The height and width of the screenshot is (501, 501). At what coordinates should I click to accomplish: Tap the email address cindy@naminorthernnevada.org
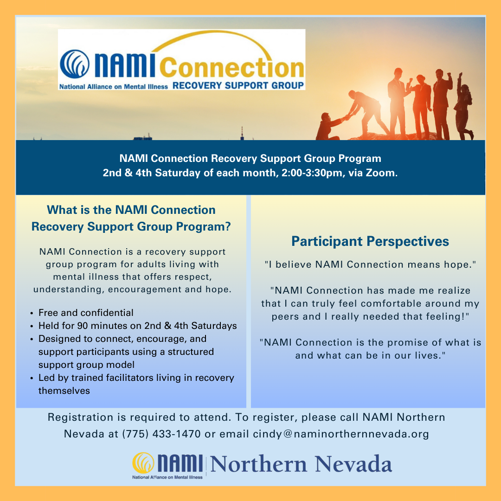pos(341,434)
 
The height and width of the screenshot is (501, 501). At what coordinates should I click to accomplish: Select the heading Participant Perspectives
pos(370,241)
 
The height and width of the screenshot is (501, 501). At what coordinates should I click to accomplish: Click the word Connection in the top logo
pos(232,68)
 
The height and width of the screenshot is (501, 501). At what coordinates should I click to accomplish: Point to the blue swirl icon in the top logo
pos(74,64)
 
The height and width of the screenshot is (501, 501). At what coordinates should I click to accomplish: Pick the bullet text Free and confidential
pos(86,313)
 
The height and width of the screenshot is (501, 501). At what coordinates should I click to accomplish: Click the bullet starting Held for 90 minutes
pos(137,326)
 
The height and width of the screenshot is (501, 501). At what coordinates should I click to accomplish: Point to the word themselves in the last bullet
pos(64,391)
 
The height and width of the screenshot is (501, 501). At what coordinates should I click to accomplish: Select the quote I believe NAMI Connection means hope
pos(371,264)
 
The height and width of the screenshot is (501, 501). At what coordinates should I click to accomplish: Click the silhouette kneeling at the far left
pos(328,126)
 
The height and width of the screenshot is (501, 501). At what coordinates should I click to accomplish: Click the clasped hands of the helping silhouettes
pos(346,117)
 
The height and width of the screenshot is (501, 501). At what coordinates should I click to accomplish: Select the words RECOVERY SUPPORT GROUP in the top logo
pos(238,85)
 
